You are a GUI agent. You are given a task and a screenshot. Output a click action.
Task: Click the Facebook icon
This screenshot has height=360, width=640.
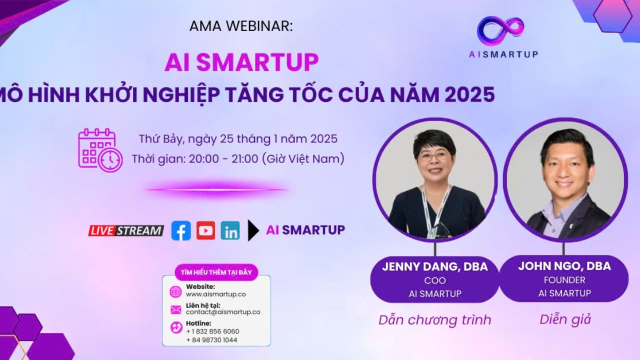181,230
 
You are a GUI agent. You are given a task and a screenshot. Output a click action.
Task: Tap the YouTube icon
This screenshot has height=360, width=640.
205,230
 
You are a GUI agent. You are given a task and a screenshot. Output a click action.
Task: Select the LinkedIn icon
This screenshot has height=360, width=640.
230,231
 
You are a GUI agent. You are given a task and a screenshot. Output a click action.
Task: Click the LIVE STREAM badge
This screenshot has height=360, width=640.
126,230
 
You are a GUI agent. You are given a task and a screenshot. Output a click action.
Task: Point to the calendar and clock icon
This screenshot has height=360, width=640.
99,150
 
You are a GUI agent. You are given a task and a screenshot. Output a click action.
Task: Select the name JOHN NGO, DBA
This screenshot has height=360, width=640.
564,266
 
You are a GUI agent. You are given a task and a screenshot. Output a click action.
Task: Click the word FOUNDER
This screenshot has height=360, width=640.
564,280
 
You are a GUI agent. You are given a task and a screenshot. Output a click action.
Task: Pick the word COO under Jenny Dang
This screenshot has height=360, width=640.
434,280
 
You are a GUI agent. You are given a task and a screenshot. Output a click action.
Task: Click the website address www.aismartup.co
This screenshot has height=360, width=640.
215,294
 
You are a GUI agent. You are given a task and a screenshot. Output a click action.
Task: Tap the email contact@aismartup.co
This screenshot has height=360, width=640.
222,312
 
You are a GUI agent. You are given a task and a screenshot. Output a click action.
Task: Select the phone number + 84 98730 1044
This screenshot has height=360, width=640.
212,340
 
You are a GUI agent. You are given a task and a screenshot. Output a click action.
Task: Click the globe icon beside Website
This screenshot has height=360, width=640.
175,291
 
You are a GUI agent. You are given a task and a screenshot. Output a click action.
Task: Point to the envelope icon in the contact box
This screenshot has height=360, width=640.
175,309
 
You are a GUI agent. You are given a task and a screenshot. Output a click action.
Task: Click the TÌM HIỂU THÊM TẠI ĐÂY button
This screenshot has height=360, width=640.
216,272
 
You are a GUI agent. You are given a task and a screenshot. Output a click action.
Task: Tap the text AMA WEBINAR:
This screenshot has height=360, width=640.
241,26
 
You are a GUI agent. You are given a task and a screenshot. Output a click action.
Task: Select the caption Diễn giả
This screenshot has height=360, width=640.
565,319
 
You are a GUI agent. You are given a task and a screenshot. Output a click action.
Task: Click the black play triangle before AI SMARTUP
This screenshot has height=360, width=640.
253,230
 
